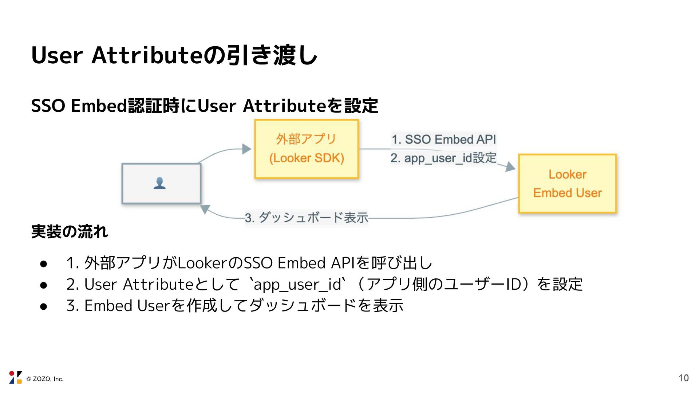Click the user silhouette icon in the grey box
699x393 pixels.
coord(160,183)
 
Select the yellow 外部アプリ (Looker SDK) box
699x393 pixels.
coord(306,149)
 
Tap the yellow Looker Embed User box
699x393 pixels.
coord(567,183)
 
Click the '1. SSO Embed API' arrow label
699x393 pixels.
coord(443,139)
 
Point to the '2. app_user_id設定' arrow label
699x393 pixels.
coord(443,158)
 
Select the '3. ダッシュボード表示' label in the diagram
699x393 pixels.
coord(306,218)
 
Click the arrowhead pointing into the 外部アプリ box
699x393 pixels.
coord(247,149)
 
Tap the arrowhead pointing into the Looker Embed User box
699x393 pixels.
coord(510,167)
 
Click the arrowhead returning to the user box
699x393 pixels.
coord(205,209)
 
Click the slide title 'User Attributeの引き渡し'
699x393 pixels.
coord(174,55)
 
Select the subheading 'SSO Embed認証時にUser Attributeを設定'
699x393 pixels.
coord(204,106)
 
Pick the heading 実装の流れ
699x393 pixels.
coord(70,232)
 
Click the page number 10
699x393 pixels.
coord(684,378)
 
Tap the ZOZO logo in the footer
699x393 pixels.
coord(15,377)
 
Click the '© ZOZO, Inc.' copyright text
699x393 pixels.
coord(45,379)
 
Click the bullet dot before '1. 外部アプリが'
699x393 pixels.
coord(44,264)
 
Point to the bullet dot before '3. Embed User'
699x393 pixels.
coord(44,306)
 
